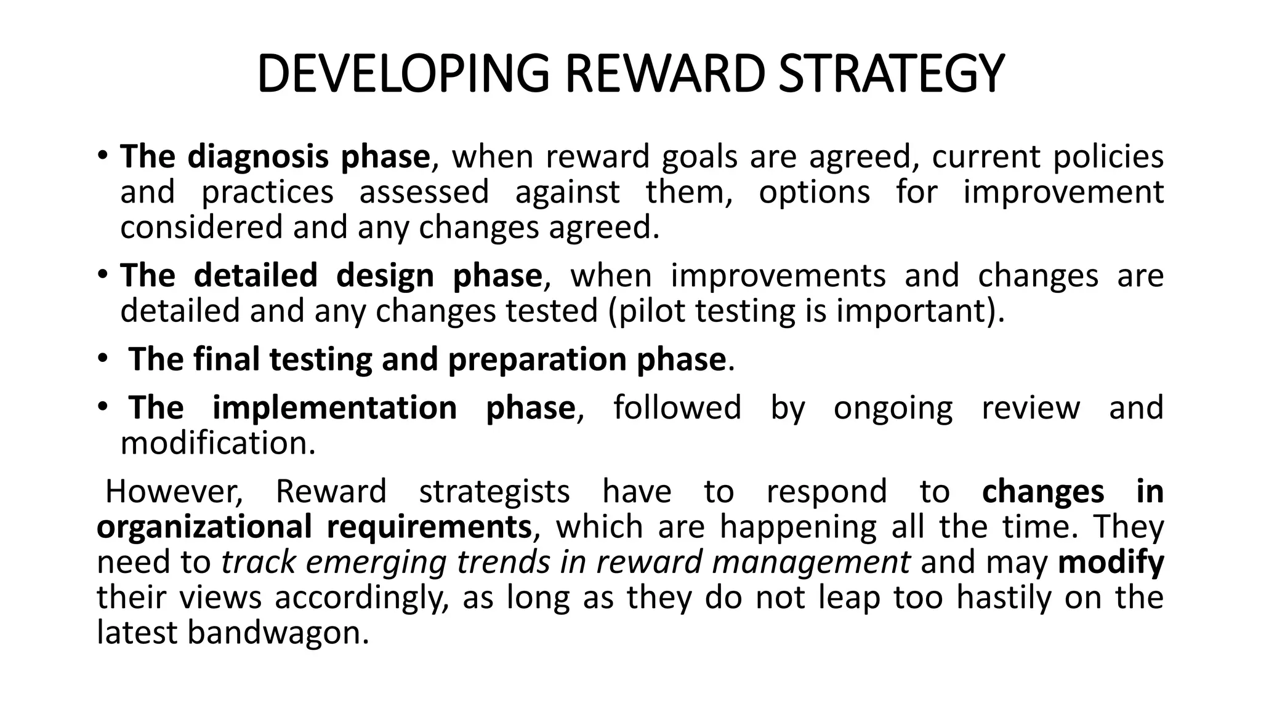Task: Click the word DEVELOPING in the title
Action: coord(402,74)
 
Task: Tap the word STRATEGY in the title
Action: coord(891,74)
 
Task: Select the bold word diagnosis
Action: coord(257,157)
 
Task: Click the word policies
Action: coord(1108,157)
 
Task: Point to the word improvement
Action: coord(1063,192)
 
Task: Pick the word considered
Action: coord(201,227)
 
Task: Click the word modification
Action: coord(217,443)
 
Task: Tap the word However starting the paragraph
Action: coord(174,492)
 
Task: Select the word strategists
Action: coord(494,492)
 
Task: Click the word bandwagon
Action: coord(278,633)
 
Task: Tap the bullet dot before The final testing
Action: coord(102,359)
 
